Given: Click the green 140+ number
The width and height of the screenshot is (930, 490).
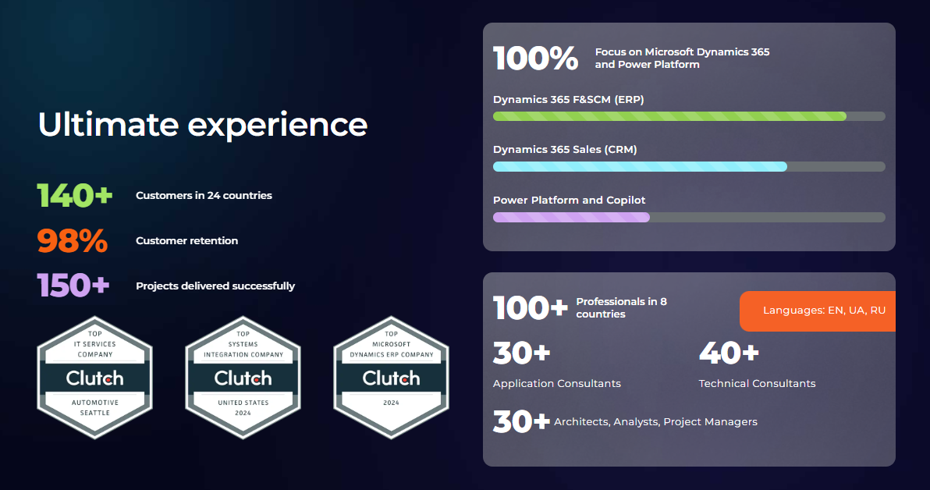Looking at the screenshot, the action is coord(75,195).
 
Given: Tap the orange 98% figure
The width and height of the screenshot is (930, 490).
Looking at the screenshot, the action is coord(73,241).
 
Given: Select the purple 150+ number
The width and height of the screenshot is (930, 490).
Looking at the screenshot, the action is coord(73,286).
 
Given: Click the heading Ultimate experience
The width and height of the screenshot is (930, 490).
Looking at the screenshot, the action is coord(203,125).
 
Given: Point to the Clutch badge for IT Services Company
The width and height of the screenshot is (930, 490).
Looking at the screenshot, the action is coord(95,378).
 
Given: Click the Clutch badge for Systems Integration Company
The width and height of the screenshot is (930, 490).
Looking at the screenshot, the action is coord(243,378).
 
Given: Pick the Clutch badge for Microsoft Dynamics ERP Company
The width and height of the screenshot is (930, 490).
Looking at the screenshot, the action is coord(392,378).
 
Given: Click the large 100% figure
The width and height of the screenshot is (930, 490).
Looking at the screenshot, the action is coord(535,59).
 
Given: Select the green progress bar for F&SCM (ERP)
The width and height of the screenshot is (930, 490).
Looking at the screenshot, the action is coord(669,116).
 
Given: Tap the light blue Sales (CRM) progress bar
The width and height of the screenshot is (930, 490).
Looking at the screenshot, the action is coord(640,167).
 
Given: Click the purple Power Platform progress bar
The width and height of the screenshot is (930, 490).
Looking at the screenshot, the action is coord(571,217).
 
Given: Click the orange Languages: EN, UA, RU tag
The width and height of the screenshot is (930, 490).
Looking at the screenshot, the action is coord(818,311).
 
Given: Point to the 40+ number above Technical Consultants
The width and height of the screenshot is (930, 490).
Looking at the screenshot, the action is coord(729,353).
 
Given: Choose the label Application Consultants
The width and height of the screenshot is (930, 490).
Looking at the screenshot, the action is coord(557,384).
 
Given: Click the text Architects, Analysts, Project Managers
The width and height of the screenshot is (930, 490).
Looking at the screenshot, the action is coord(655,422).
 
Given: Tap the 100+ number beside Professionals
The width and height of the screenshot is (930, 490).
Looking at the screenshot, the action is coord(531,308).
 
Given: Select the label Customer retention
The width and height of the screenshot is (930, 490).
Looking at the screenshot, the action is coord(186,241).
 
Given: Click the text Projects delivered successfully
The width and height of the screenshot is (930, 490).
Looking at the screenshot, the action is coord(215,286).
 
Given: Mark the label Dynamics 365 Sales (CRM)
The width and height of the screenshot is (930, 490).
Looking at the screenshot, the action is coord(565,150).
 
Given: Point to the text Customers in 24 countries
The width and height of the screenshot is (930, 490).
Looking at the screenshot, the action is coord(204,196).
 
